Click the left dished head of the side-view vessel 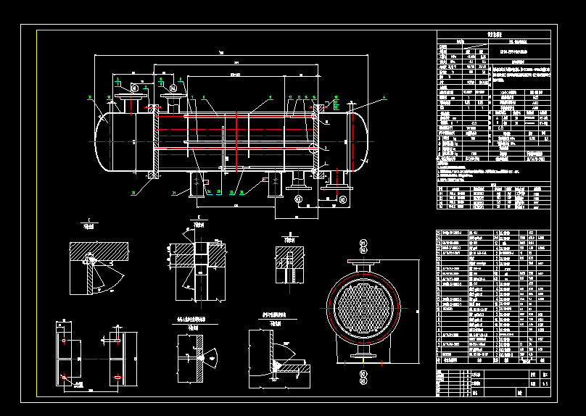pyautogui.click(x=104, y=141)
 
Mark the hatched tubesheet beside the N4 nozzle pyautogui.click(x=155, y=140)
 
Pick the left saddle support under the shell pyautogui.click(x=198, y=184)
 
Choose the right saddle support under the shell pyautogui.click(x=275, y=184)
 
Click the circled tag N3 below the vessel pyautogui.click(x=297, y=199)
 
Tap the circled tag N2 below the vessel pyautogui.click(x=343, y=199)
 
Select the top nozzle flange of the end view pyautogui.click(x=363, y=263)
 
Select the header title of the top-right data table pyautogui.click(x=494, y=34)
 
